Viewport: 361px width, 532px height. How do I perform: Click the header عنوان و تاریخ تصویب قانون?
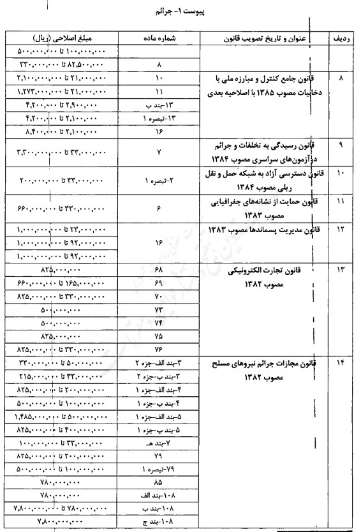(x=262, y=39)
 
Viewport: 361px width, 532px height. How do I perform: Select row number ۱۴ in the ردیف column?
(x=341, y=363)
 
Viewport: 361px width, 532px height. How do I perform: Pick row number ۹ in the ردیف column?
(x=341, y=145)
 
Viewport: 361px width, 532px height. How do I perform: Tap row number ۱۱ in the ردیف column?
(x=341, y=202)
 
